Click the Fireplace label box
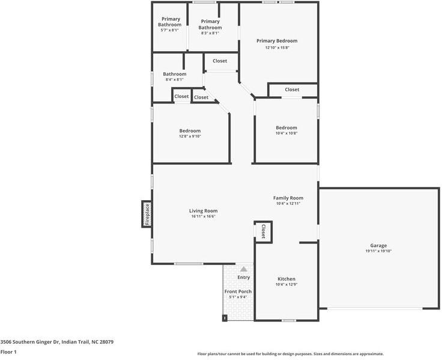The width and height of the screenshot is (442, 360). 146,214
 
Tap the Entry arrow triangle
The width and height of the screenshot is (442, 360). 243,270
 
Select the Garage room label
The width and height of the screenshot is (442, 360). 378,246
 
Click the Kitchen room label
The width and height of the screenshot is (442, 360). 286,279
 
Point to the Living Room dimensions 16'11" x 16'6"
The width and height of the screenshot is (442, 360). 203,216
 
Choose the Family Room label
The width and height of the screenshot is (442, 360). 288,198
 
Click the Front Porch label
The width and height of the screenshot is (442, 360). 238,291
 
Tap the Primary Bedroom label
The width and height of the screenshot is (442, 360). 277,41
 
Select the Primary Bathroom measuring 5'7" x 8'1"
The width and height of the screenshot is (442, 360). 170,24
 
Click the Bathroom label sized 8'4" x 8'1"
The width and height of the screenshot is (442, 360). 175,75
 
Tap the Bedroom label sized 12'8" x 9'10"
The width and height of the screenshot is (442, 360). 190,131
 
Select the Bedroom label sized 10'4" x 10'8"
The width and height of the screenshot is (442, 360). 286,127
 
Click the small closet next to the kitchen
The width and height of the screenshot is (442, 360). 263,230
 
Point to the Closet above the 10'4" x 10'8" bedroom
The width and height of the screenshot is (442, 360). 292,90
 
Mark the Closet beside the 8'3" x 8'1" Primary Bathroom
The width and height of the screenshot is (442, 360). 220,61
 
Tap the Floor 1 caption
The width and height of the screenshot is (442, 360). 8,352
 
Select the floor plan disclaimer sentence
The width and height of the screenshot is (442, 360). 291,354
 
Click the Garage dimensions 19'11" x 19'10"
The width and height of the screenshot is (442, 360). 378,251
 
